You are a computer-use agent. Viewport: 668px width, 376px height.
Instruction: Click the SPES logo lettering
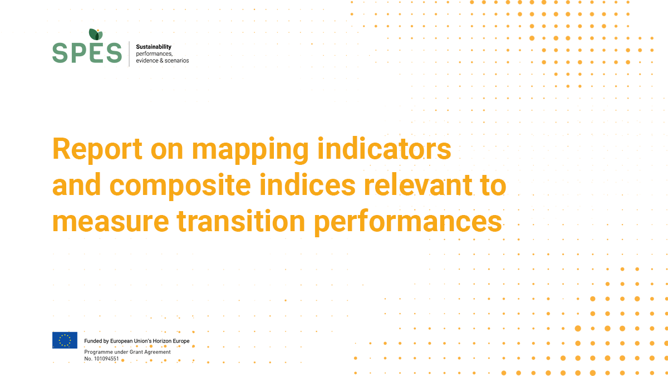pyautogui.click(x=87, y=53)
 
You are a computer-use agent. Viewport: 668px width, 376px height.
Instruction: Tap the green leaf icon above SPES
pyautogui.click(x=96, y=35)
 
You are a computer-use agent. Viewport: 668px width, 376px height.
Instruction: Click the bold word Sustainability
pyautogui.click(x=154, y=47)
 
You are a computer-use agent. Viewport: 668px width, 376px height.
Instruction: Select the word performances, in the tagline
pyautogui.click(x=154, y=53)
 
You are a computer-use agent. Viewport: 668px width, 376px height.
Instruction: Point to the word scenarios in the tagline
pyautogui.click(x=177, y=61)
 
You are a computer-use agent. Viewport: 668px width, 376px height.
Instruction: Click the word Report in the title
pyautogui.click(x=97, y=149)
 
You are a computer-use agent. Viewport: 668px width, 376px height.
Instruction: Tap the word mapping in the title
pyautogui.click(x=250, y=150)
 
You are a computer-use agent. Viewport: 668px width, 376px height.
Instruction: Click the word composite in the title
pyautogui.click(x=180, y=186)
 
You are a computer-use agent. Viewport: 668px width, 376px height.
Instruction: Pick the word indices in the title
pyautogui.click(x=307, y=184)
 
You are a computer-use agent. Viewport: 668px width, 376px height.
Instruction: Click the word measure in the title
pyautogui.click(x=111, y=222)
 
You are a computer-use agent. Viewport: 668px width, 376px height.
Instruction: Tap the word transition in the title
pyautogui.click(x=241, y=221)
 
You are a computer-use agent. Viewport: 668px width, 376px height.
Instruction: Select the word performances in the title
pyautogui.click(x=408, y=222)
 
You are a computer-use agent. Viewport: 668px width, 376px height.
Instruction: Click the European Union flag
pyautogui.click(x=65, y=340)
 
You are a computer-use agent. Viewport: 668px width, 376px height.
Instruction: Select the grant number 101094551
pyautogui.click(x=106, y=359)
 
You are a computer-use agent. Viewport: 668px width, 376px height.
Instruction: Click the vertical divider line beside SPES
pyautogui.click(x=129, y=53)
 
